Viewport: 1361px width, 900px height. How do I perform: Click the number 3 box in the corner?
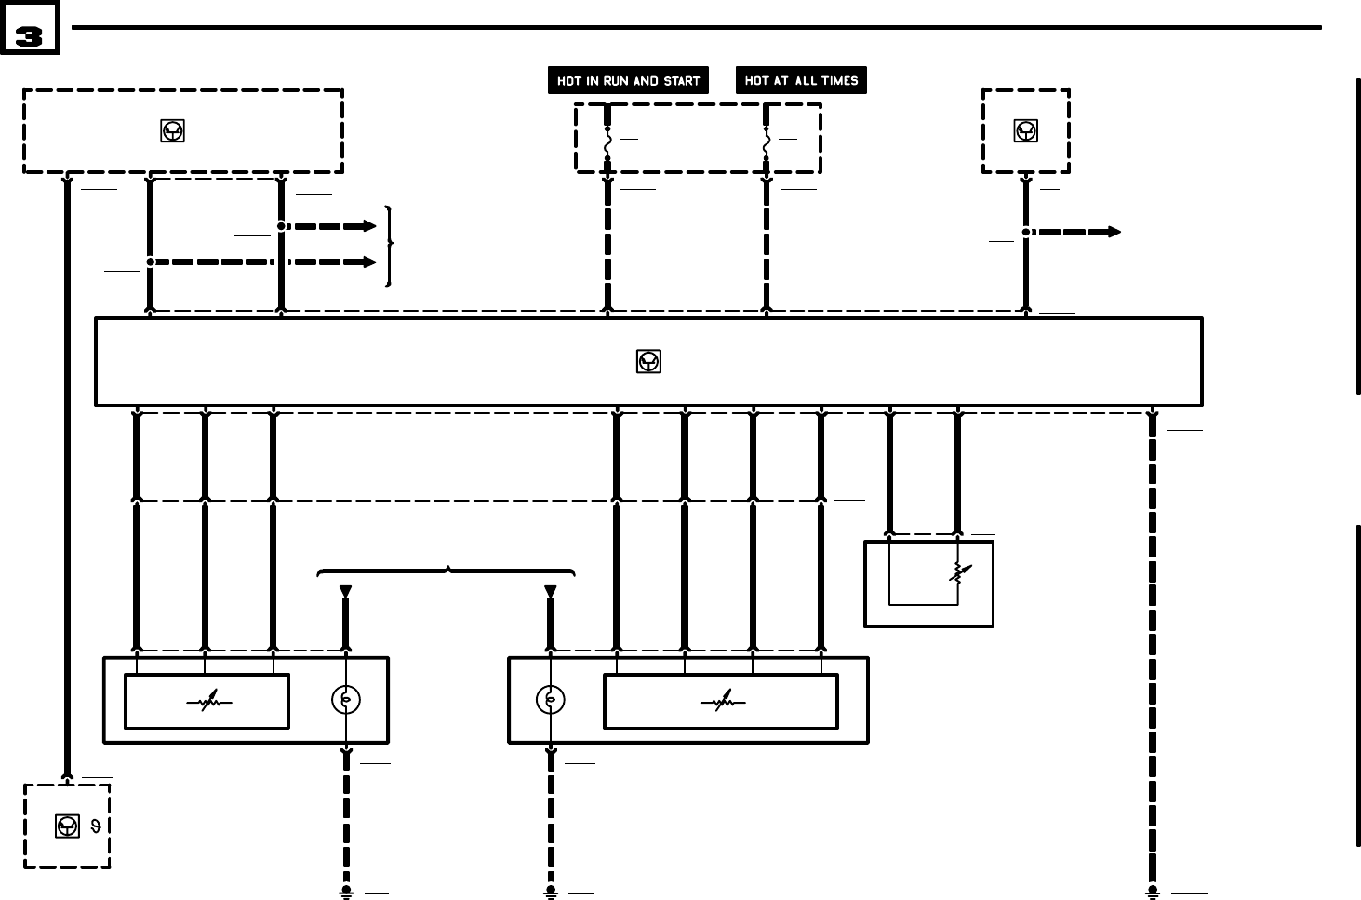(29, 28)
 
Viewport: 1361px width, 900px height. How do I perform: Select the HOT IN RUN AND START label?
(628, 81)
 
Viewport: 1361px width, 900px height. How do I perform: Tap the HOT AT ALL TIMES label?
(801, 80)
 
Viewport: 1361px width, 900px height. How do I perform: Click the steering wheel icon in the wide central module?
(648, 362)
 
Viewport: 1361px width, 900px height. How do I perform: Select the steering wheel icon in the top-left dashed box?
(172, 131)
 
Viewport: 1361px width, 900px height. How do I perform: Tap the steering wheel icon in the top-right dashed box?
(1025, 131)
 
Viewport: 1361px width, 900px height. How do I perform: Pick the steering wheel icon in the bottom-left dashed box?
(67, 826)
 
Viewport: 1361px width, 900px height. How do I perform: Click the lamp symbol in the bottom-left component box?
(346, 700)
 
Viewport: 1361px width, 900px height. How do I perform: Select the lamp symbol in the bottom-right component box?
(551, 700)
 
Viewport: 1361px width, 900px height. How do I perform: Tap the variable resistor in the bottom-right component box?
(722, 703)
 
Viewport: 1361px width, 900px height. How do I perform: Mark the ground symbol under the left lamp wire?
(346, 892)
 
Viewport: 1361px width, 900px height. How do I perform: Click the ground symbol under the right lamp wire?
(551, 892)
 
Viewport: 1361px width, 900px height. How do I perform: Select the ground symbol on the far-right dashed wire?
(1153, 892)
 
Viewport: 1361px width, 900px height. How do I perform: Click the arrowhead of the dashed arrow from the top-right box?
(1113, 232)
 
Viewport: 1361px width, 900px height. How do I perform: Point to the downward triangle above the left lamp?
(346, 591)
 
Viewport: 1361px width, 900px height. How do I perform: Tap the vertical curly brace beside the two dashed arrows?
(390, 245)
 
